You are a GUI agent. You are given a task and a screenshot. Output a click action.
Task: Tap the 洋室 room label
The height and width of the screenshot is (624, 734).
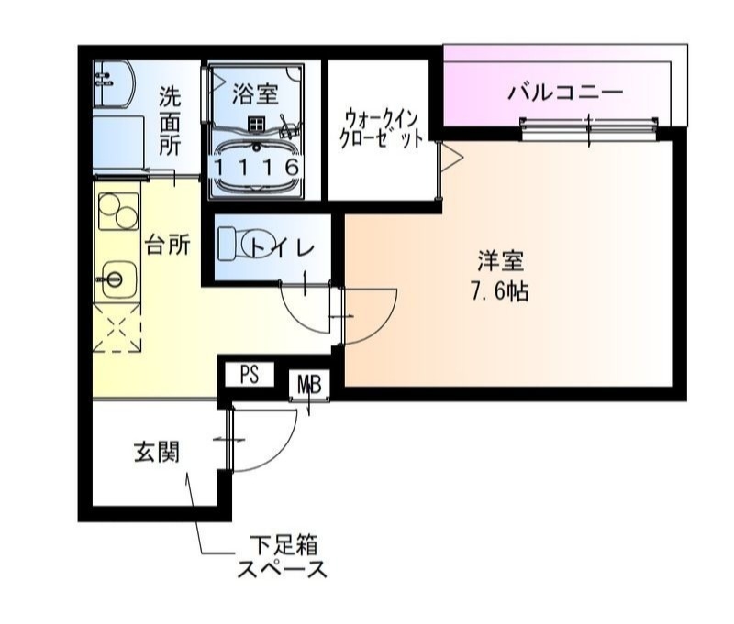[500, 261]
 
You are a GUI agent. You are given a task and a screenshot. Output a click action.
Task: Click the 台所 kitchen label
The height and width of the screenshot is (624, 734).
[167, 245]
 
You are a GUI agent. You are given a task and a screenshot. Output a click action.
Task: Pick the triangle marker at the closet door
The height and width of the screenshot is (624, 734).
[452, 157]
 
